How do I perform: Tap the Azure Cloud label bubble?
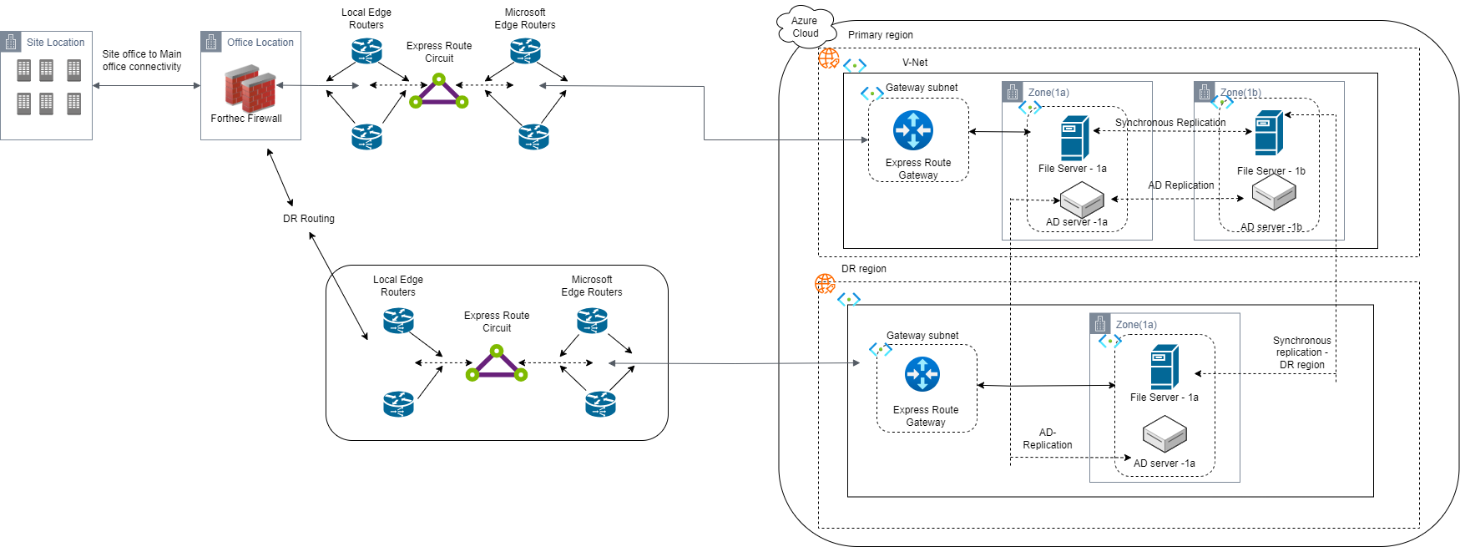[805, 27]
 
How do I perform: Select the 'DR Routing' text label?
[309, 219]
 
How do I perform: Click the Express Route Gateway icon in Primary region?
[913, 130]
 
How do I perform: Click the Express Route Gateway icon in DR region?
[922, 374]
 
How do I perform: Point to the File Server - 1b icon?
[1269, 133]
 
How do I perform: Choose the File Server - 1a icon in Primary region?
[1075, 138]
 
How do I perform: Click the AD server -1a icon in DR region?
[1164, 434]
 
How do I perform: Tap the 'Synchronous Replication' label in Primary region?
[1170, 123]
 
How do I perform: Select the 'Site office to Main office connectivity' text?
[142, 60]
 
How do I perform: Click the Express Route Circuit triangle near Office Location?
[439, 91]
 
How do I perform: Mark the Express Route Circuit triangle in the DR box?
[497, 364]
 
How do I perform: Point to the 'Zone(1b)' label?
[1240, 93]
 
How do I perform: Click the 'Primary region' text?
[881, 35]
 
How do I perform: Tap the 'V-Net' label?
[915, 63]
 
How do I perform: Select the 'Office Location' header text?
[260, 43]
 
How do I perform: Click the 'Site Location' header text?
[55, 43]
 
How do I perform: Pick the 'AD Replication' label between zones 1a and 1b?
[1181, 185]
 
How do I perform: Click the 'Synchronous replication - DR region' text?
[1302, 352]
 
